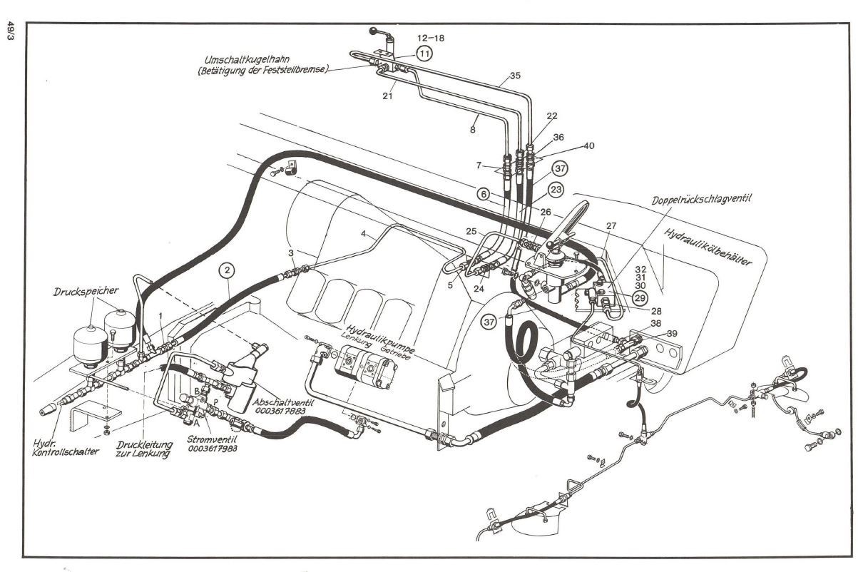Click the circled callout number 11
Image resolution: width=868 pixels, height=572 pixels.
coord(424,53)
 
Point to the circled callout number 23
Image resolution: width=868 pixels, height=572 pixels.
coord(556,190)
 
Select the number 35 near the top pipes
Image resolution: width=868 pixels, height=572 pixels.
coord(516,75)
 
